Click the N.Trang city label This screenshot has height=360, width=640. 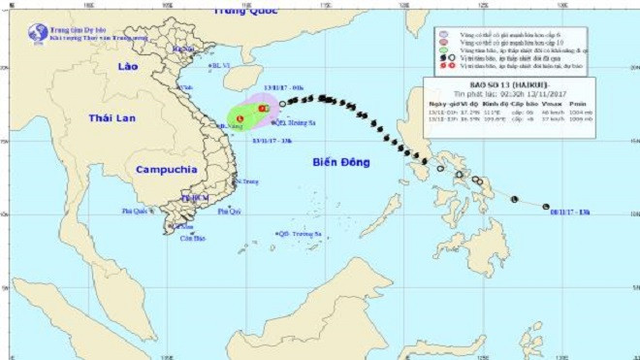[246, 181]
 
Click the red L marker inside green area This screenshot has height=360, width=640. [238, 121]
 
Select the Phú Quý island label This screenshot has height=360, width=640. [230, 211]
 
